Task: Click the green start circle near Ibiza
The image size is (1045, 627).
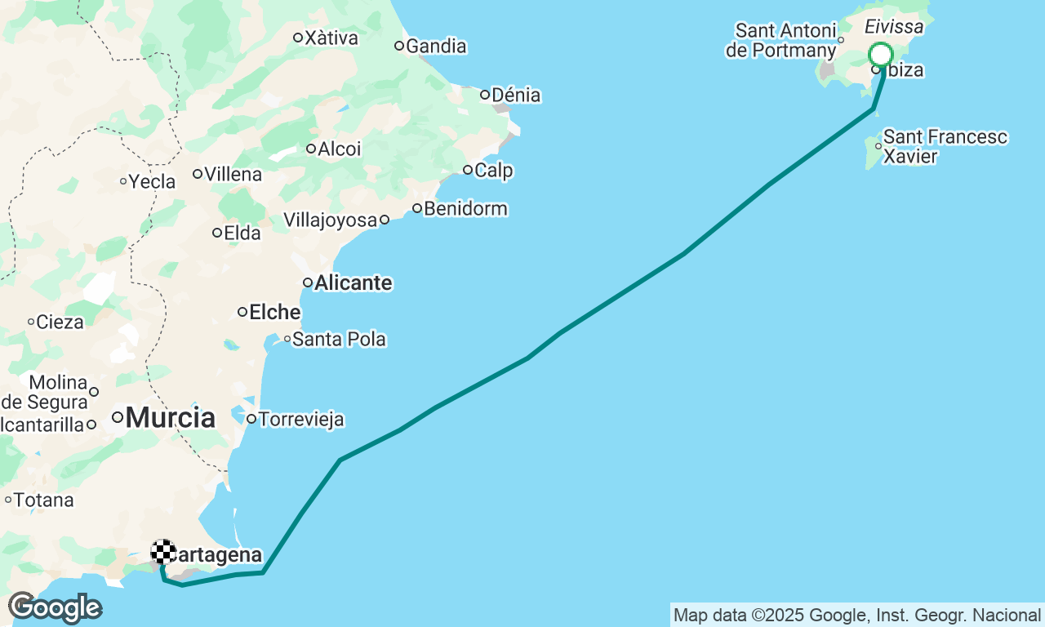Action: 880,55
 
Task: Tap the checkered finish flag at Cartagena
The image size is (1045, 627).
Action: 163,552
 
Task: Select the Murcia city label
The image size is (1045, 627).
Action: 171,418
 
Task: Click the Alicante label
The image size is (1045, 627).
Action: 353,283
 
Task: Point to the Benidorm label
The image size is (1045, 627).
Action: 465,209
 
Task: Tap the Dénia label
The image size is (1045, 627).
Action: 515,96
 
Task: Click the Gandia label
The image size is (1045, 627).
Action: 436,47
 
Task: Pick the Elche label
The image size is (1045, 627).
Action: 274,312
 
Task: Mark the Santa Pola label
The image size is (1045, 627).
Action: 339,339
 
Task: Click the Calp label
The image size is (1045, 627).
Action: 493,171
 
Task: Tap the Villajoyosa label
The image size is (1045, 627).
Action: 331,220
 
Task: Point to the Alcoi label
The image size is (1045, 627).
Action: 339,149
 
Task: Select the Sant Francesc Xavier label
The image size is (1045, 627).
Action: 945,146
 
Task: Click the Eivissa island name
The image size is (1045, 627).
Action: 894,28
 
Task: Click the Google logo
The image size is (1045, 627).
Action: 55,608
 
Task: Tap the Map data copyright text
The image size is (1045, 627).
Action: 857,615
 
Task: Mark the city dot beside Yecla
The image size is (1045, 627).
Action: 123,181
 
